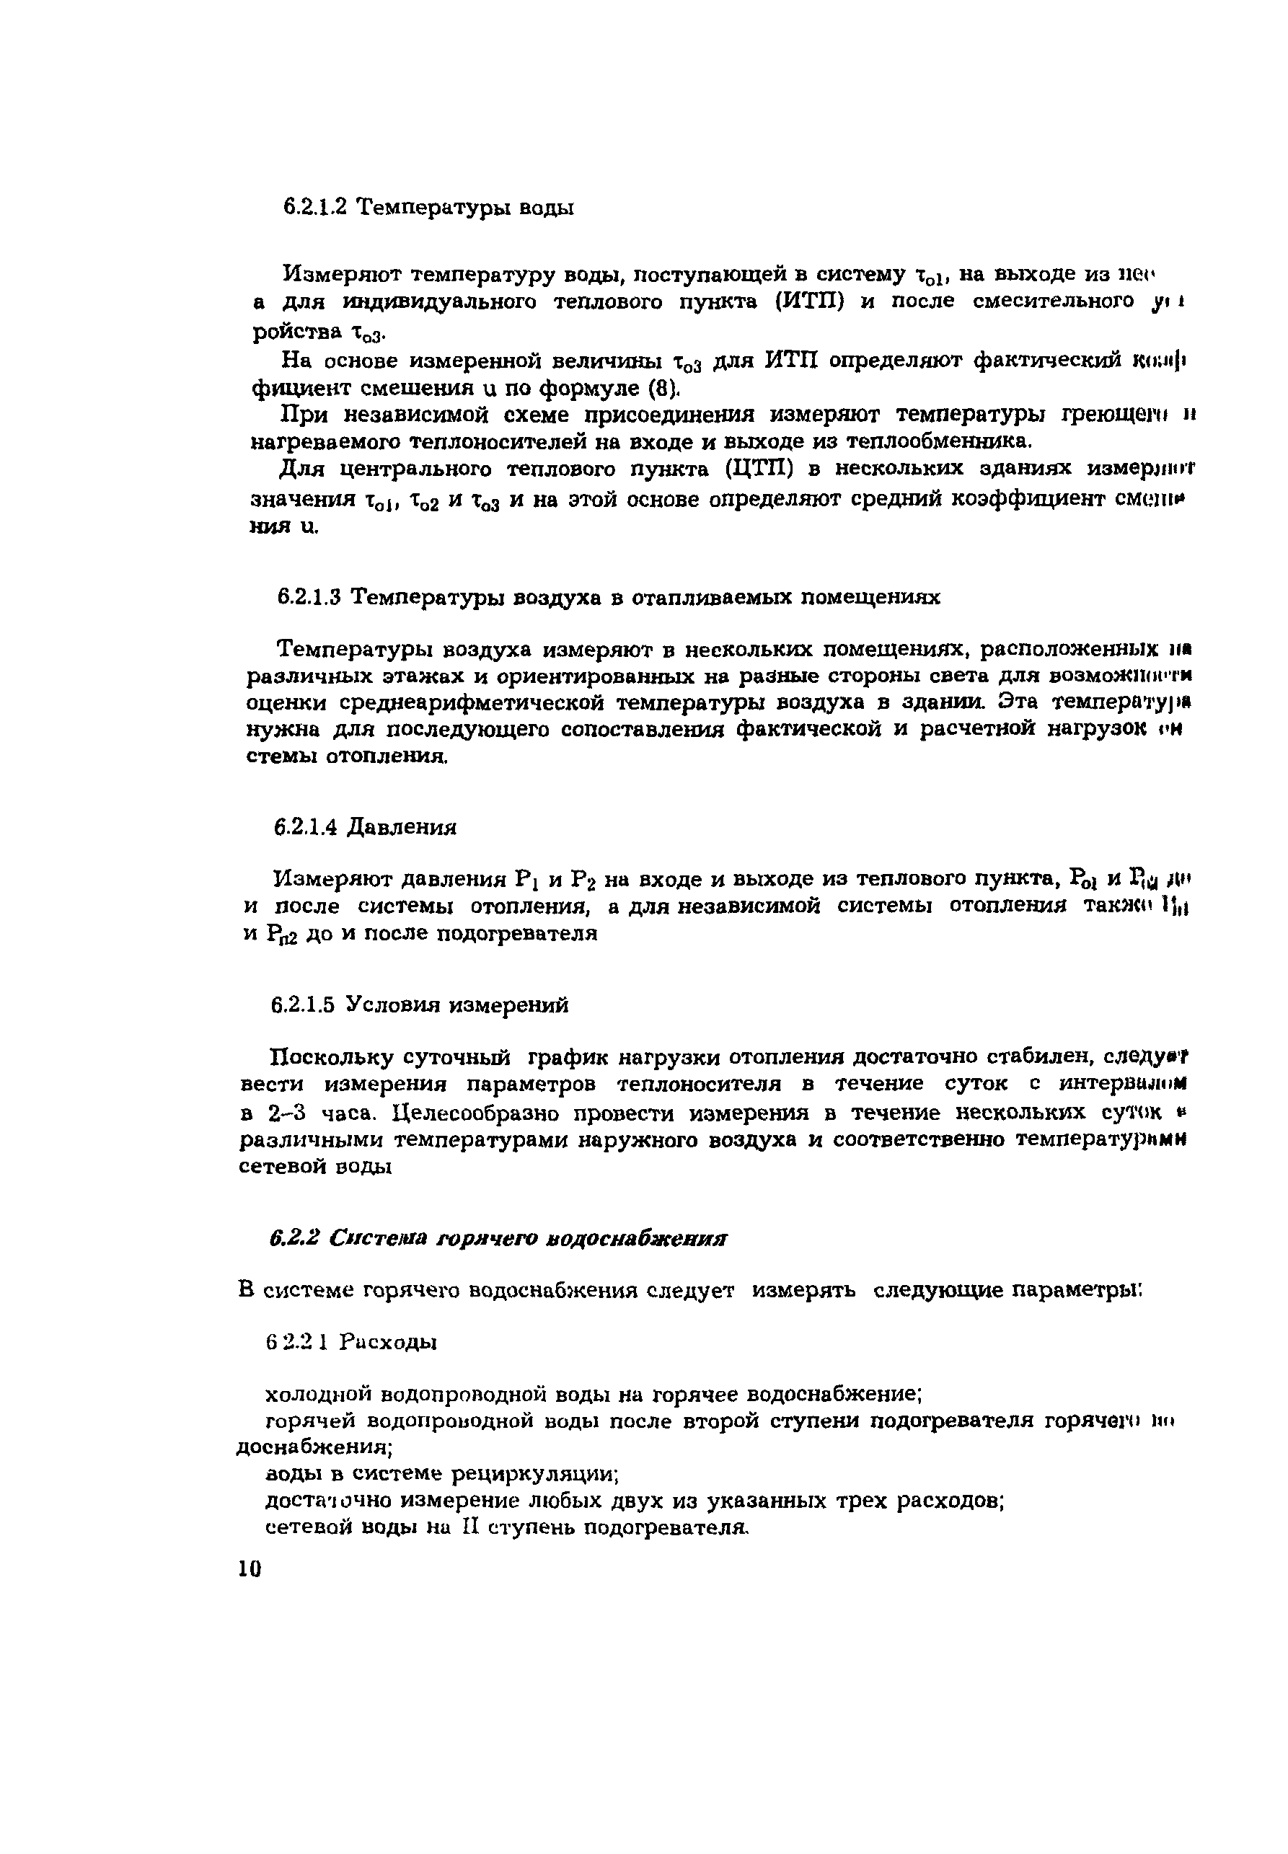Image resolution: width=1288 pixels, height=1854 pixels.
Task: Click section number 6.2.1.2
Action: point(314,208)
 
